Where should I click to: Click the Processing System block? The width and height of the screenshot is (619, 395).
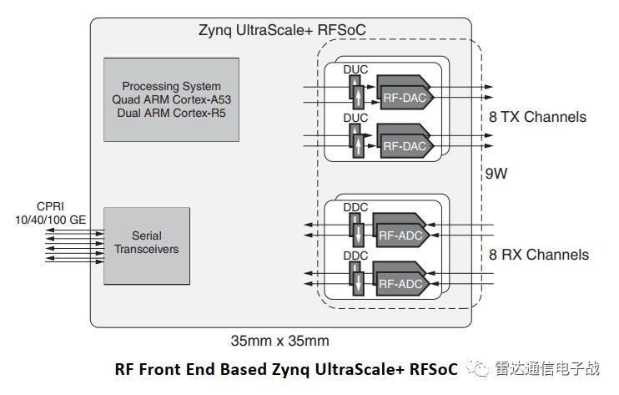pyautogui.click(x=171, y=99)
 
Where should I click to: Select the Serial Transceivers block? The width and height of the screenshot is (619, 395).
pyautogui.click(x=146, y=246)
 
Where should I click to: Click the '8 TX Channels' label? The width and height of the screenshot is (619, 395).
pyautogui.click(x=537, y=117)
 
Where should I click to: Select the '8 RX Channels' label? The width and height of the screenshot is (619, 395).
pyautogui.click(x=538, y=255)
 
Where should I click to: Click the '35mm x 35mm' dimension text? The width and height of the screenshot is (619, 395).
pyautogui.click(x=279, y=341)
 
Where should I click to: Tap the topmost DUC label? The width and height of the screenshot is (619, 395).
pyautogui.click(x=355, y=70)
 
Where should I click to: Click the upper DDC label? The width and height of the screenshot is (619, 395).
pyautogui.click(x=355, y=206)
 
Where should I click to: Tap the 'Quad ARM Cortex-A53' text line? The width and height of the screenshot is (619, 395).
pyautogui.click(x=171, y=99)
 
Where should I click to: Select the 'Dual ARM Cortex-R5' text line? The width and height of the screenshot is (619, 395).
pyautogui.click(x=171, y=111)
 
